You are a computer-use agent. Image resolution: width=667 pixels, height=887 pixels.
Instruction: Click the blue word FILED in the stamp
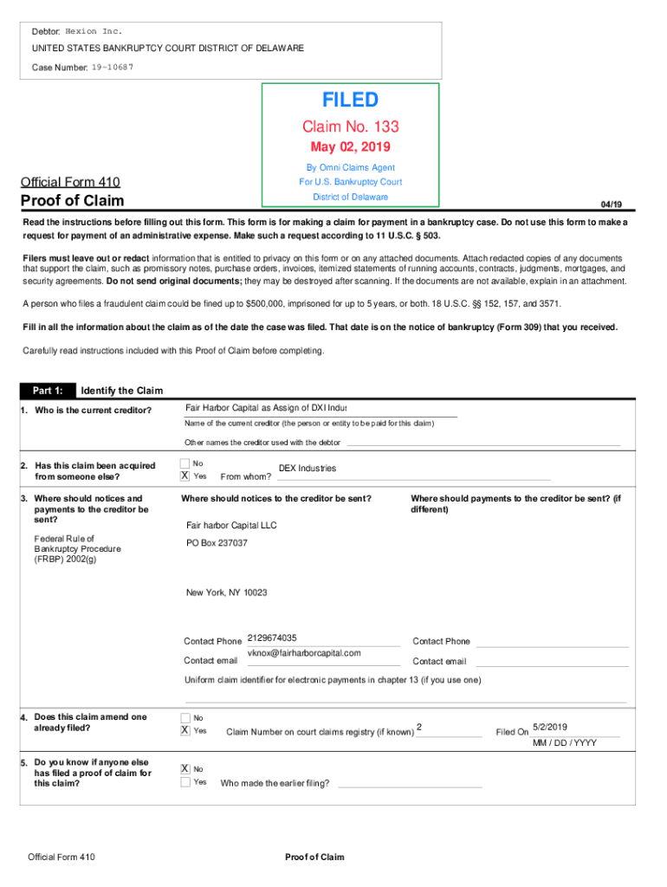(351, 100)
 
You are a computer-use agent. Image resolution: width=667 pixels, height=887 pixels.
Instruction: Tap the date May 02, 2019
(351, 146)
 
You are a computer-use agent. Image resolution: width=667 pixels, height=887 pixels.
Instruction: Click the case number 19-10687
(113, 67)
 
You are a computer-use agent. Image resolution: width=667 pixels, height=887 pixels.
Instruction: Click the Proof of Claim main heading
(73, 201)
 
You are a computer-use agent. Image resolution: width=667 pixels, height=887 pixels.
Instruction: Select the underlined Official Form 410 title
(70, 182)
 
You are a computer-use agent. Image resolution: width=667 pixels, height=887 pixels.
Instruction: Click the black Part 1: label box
(48, 390)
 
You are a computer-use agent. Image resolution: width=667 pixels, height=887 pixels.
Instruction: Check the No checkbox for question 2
(185, 463)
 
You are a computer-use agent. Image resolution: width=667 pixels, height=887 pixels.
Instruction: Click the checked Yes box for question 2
(185, 476)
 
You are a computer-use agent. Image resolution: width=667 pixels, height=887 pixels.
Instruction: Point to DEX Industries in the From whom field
(307, 469)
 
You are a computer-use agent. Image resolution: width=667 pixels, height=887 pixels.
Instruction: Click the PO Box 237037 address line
(217, 543)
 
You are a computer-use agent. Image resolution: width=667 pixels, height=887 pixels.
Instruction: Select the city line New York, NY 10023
(226, 592)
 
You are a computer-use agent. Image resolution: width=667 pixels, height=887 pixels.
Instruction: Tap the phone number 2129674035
(272, 638)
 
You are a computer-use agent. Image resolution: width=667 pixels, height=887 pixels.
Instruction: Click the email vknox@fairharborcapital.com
(304, 653)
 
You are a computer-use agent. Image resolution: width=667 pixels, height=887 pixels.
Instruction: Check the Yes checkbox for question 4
(185, 730)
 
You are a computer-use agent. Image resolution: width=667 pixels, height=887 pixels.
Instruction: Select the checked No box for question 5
(185, 769)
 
